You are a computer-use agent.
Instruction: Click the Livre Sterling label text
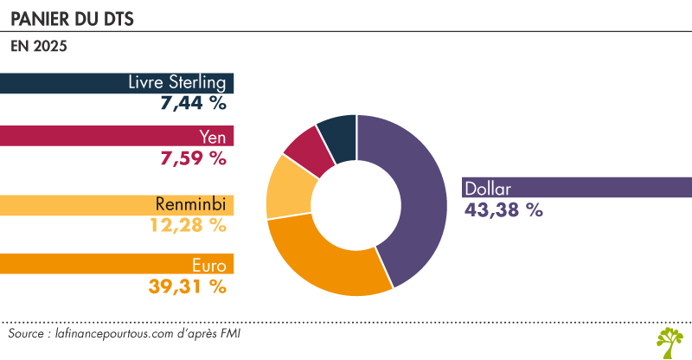(x=176, y=83)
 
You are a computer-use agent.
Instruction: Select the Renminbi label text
(x=190, y=205)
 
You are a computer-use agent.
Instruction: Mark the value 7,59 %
(x=192, y=158)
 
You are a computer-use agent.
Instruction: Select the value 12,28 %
(x=187, y=226)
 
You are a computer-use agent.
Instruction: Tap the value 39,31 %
(x=187, y=285)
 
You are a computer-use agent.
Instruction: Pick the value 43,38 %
(x=503, y=209)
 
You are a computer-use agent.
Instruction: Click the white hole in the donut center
(x=356, y=205)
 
